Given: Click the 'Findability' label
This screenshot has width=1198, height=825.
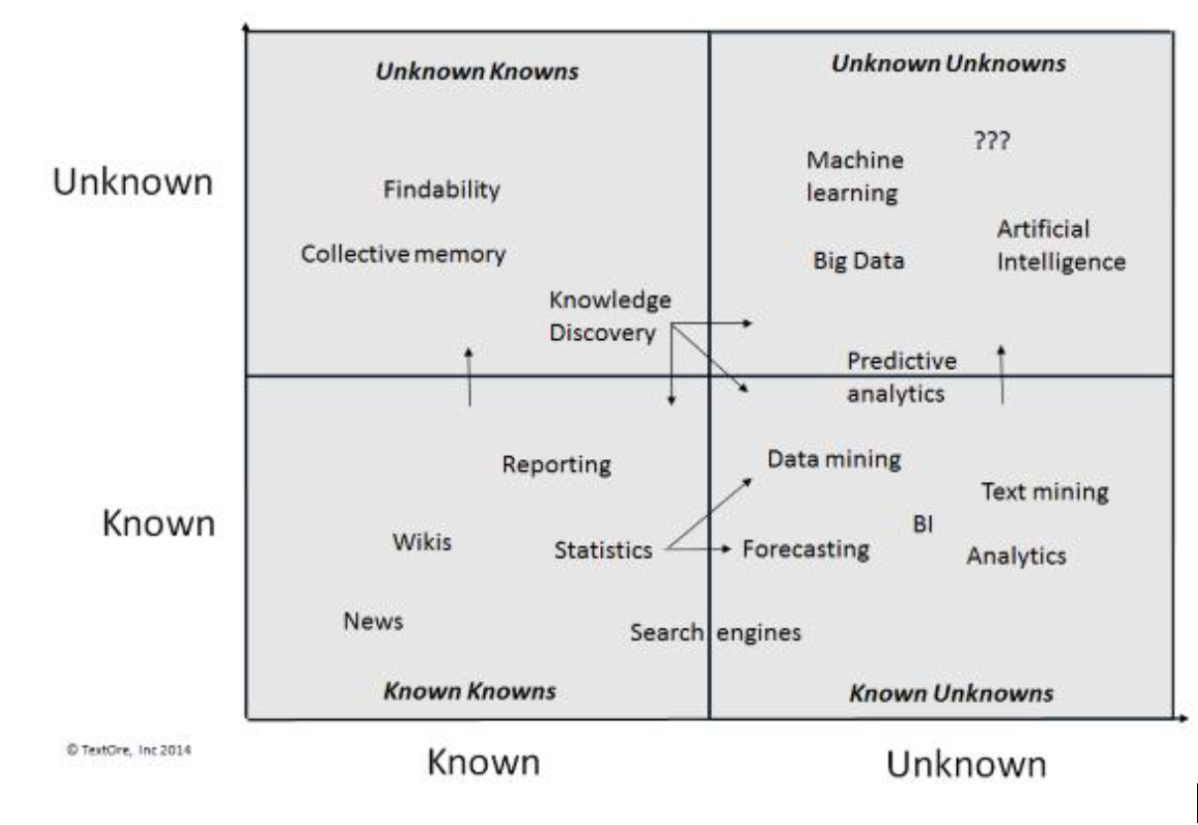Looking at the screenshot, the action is click(x=441, y=189).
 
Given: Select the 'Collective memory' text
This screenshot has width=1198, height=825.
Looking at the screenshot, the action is click(x=403, y=254).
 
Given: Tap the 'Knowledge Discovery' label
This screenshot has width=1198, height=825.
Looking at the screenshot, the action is click(x=609, y=316).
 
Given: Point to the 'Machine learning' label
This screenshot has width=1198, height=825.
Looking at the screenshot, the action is click(x=854, y=176).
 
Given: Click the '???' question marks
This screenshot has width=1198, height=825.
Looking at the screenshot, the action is click(x=992, y=141).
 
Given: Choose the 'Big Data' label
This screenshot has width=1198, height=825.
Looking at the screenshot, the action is click(x=859, y=261).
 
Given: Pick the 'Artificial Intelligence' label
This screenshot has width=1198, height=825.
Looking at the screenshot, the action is click(x=1060, y=246).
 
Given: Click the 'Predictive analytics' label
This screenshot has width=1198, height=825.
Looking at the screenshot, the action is click(x=900, y=377).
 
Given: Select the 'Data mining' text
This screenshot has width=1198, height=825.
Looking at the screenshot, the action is click(x=834, y=459).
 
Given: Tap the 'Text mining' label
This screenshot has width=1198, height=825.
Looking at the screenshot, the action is click(x=1044, y=491).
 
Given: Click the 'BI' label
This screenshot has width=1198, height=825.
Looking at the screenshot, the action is click(x=922, y=525).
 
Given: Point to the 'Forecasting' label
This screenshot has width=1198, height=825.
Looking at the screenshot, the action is click(x=805, y=548).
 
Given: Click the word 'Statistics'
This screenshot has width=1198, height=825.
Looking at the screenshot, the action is click(x=603, y=549).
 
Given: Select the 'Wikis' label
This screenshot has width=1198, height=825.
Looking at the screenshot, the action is click(x=421, y=542).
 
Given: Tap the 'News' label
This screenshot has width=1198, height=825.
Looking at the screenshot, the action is click(x=373, y=621).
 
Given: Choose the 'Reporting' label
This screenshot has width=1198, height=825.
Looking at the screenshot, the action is click(x=556, y=464).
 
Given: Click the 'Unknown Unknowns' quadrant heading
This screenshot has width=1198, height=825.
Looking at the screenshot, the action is click(x=948, y=63).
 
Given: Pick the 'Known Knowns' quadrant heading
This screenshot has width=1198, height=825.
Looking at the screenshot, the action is click(x=469, y=690).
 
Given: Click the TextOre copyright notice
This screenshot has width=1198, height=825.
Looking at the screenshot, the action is click(x=128, y=750).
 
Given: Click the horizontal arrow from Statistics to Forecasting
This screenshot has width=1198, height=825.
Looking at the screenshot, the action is click(x=699, y=548).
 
